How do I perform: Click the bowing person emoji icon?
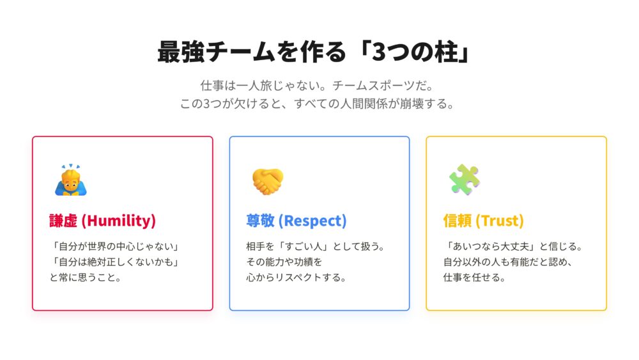coord(71,180)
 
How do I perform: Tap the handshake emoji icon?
coord(268,182)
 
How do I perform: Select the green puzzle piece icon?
coord(464,180)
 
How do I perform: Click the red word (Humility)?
coord(119,221)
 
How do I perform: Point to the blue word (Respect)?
coord(312,221)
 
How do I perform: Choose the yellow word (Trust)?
coord(500,221)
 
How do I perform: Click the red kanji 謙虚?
coord(63,221)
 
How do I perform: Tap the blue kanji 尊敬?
coord(261,221)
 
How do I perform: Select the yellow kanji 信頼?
coord(458,221)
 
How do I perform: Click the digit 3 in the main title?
coord(379,52)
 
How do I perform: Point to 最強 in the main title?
coord(181,52)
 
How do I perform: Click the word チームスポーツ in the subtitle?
coord(373,86)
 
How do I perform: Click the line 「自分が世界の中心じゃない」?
coord(114,246)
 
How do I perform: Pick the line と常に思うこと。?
coord(86,278)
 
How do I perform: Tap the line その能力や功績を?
coord(284,262)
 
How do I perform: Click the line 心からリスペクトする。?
coord(296,278)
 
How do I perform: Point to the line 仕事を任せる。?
coord(474,278)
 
